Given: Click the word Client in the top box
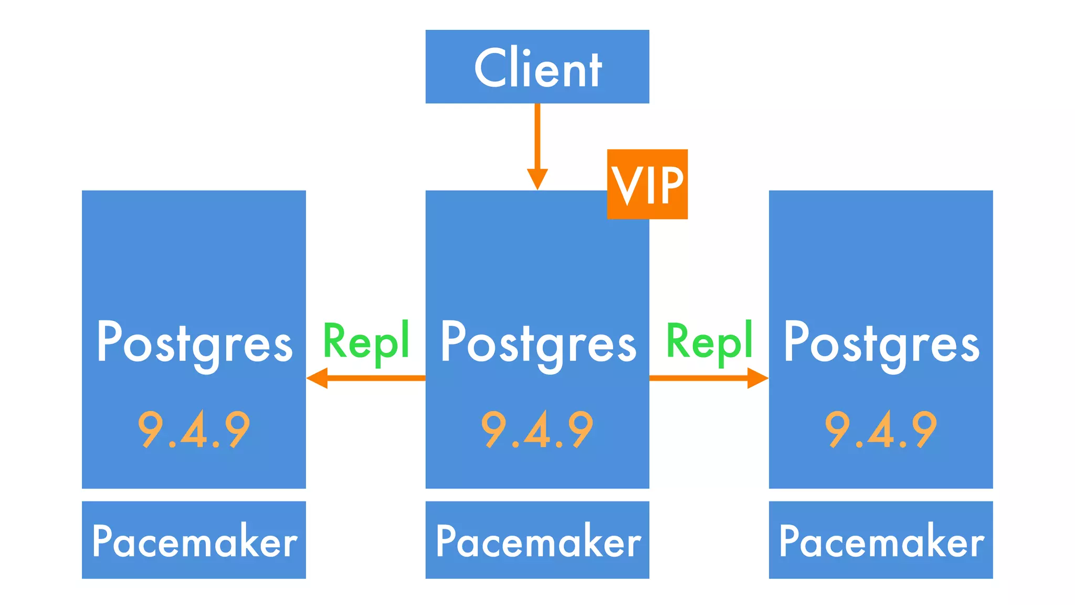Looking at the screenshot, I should tap(537, 68).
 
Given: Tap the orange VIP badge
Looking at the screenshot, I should tap(647, 184).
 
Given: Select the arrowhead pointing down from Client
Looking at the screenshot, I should tap(537, 179).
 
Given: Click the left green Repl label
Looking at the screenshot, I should tap(366, 342).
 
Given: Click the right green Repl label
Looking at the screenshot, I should tap(709, 342).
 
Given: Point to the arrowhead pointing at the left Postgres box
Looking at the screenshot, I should tap(317, 378).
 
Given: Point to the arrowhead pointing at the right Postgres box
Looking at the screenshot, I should tap(757, 378).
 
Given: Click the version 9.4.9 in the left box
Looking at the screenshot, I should tap(194, 430).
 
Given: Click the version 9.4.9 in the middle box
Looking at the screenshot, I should tap(537, 430).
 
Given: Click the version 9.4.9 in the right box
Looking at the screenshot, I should tap(881, 430).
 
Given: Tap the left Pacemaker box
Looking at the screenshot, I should tap(194, 540).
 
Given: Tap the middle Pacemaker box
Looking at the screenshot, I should tap(537, 540).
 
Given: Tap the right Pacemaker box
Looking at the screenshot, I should tap(881, 540).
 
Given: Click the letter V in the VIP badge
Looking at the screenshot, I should tap(626, 185).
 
